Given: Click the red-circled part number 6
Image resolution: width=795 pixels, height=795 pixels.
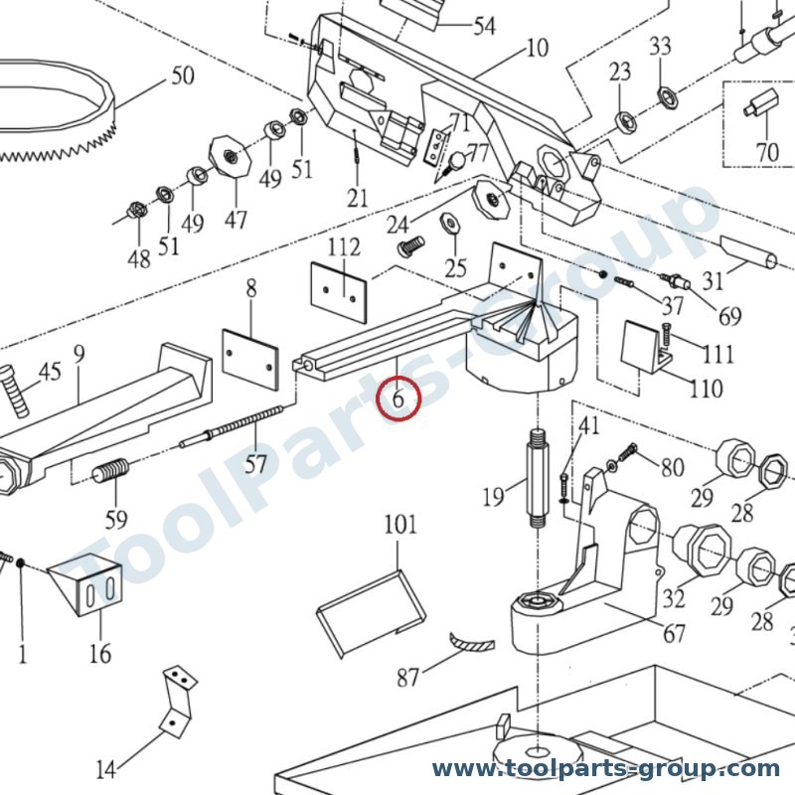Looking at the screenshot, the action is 398,398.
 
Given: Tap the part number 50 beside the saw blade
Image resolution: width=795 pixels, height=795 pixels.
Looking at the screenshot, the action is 183,76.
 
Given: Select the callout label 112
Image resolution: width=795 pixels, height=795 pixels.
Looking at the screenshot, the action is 344,247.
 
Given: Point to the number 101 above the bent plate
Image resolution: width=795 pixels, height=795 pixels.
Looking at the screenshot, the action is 400,525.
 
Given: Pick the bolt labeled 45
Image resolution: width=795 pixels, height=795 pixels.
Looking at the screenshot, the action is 15,391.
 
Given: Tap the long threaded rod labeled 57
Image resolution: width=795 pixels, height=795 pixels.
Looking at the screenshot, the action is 232,426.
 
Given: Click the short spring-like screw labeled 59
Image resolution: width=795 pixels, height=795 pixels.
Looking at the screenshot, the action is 111,471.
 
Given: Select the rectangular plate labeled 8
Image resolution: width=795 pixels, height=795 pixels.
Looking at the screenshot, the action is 250,360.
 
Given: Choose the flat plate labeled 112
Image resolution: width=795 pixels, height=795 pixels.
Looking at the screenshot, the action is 339,292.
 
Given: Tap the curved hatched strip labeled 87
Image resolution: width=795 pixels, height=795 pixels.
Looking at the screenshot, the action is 472,641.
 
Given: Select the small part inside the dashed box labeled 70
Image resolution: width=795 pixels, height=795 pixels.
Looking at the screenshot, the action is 761,103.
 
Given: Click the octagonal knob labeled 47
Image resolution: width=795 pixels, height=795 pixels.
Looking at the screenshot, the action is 231,156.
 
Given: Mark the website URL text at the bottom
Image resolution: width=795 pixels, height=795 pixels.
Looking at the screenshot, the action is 605,769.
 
